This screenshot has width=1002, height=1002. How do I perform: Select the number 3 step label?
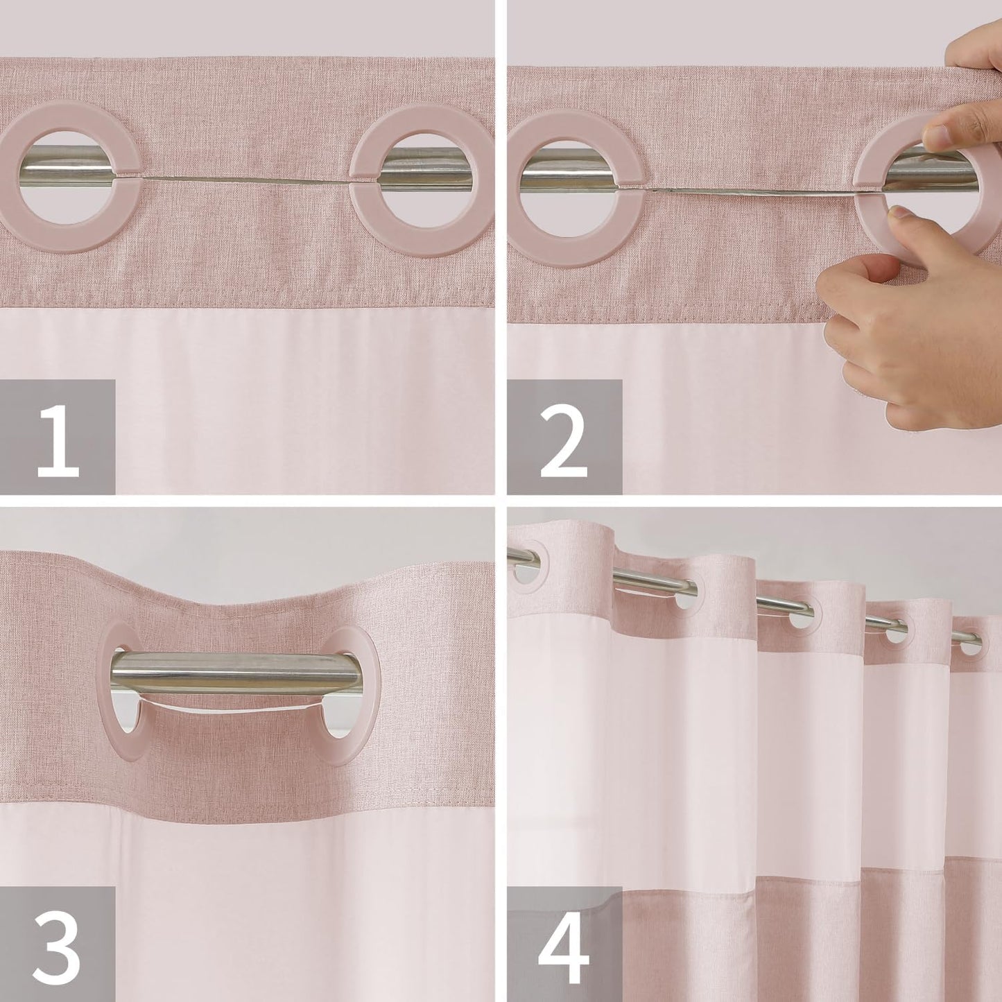click(x=57, y=944)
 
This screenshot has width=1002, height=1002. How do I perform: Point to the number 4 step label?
click(x=564, y=944)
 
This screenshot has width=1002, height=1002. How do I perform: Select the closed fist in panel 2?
click(x=881, y=333)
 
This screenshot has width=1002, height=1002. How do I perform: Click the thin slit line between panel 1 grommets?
click(x=246, y=180)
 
